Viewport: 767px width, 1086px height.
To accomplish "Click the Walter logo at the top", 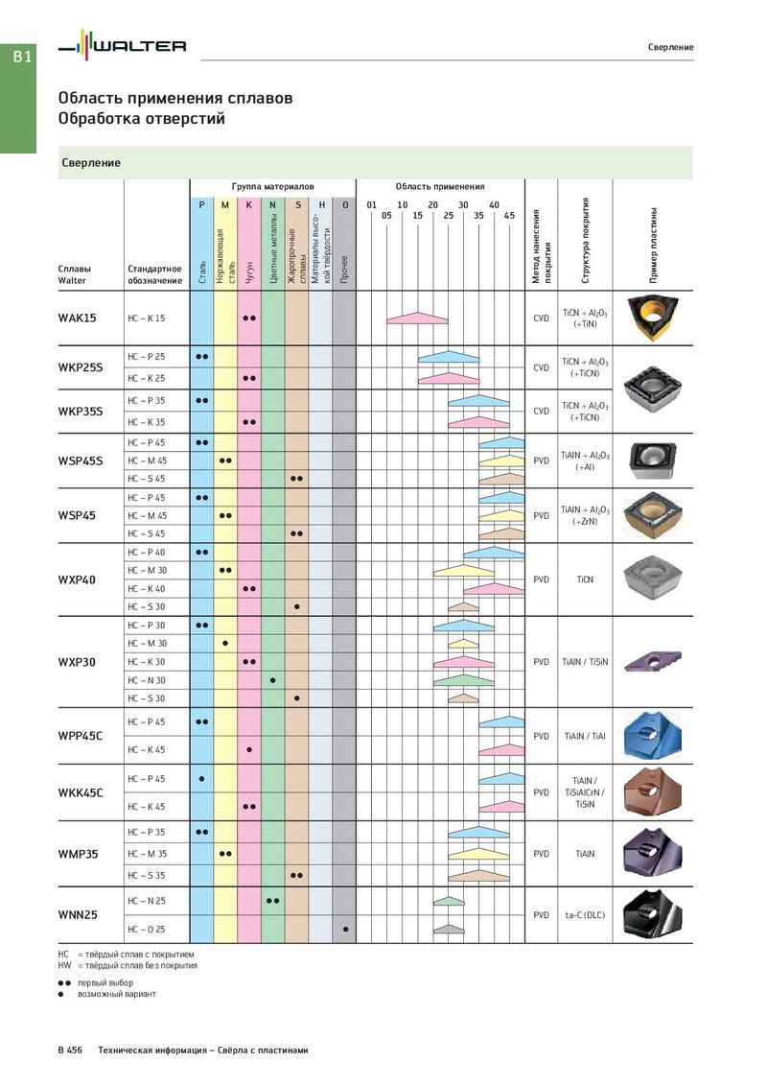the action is click(122, 46).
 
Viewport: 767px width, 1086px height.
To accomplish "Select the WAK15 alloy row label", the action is click(77, 318).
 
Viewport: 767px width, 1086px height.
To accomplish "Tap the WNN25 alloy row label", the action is click(78, 915).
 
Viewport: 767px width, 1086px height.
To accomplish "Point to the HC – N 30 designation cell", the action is click(147, 680).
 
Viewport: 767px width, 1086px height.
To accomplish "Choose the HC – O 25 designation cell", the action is click(147, 929).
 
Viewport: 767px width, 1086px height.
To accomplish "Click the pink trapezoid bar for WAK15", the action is click(417, 318).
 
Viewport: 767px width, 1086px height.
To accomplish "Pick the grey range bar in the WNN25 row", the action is click(449, 929).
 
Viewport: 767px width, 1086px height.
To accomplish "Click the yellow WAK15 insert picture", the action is click(653, 318).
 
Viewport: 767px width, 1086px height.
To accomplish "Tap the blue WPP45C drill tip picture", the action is click(652, 735).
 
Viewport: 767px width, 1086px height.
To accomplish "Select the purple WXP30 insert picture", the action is click(653, 661).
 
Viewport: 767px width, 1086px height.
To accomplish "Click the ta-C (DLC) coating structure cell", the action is click(585, 915).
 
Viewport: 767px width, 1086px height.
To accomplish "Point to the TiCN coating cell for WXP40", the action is click(585, 579).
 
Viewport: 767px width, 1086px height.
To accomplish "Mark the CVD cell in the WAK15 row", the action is click(542, 318).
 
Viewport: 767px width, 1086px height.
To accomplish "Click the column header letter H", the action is click(321, 205).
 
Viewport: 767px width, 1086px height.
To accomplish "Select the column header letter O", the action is click(345, 205).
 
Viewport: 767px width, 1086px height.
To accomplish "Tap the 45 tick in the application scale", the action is click(509, 216).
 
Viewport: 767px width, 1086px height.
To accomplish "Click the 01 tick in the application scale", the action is click(372, 205).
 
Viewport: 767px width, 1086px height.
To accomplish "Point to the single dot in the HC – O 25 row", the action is click(345, 929).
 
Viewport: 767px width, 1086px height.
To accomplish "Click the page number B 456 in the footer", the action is click(70, 1050).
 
